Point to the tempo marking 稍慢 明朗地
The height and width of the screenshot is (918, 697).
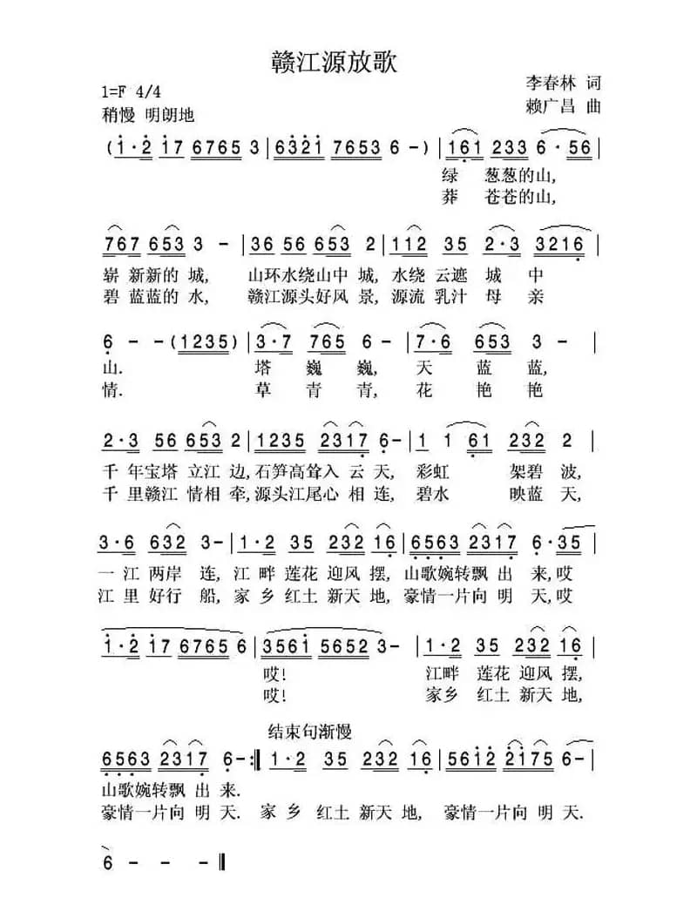(x=147, y=115)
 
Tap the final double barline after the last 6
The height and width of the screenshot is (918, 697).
(x=224, y=864)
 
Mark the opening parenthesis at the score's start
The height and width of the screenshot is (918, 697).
(x=106, y=147)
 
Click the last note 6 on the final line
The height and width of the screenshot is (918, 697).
(x=109, y=864)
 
